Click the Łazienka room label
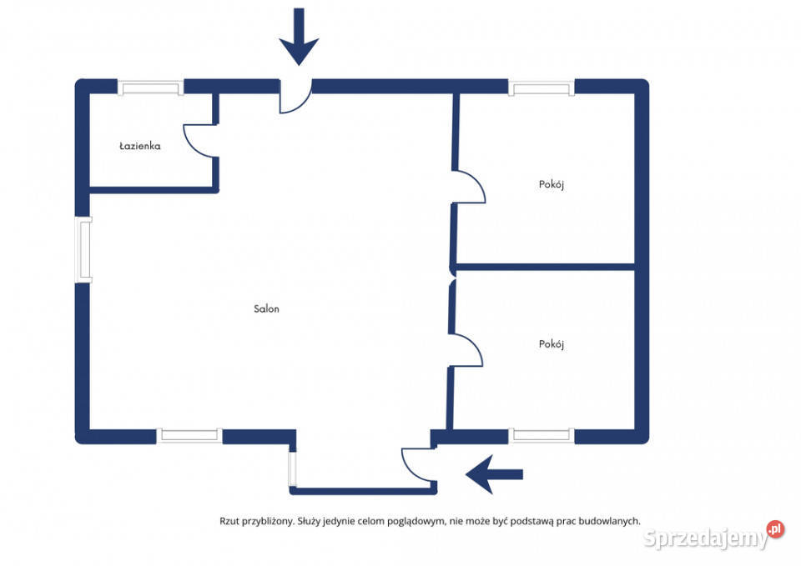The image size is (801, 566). point(140,146)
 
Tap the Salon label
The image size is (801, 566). point(266,308)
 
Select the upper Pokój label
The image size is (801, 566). point(552,184)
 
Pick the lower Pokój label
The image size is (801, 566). point(552,344)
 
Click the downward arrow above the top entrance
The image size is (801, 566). point(299,37)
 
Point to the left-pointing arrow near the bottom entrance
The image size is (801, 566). point(494,474)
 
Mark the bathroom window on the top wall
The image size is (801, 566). point(151,88)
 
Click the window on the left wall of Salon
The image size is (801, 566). point(83,249)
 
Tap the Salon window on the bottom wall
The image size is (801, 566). point(189,435)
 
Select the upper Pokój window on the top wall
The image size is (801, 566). point(542,88)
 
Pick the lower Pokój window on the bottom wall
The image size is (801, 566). point(542,435)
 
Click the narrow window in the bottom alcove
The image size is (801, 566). point(292,468)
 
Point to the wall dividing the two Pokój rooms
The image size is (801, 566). point(545,267)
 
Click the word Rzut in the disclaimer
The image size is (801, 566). point(229,521)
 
